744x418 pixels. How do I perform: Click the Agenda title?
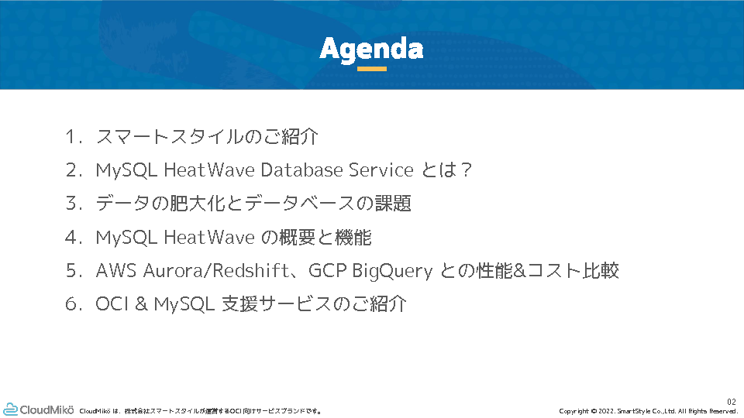[371, 50]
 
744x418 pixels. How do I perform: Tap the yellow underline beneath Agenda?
[371, 69]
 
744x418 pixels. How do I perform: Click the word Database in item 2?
[301, 170]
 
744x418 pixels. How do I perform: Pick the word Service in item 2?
[381, 170]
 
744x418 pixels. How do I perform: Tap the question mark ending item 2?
[466, 170]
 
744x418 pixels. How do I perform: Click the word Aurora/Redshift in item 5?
[215, 271]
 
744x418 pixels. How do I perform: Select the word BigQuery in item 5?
[392, 271]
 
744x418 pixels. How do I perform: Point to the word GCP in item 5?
[327, 271]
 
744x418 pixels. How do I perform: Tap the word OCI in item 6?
[112, 303]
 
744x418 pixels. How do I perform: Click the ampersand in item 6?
[141, 303]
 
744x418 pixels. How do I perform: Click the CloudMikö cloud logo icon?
[10, 409]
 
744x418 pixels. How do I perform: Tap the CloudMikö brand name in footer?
[47, 409]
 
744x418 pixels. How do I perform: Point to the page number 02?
[732, 402]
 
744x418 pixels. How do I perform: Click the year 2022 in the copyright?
[605, 411]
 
